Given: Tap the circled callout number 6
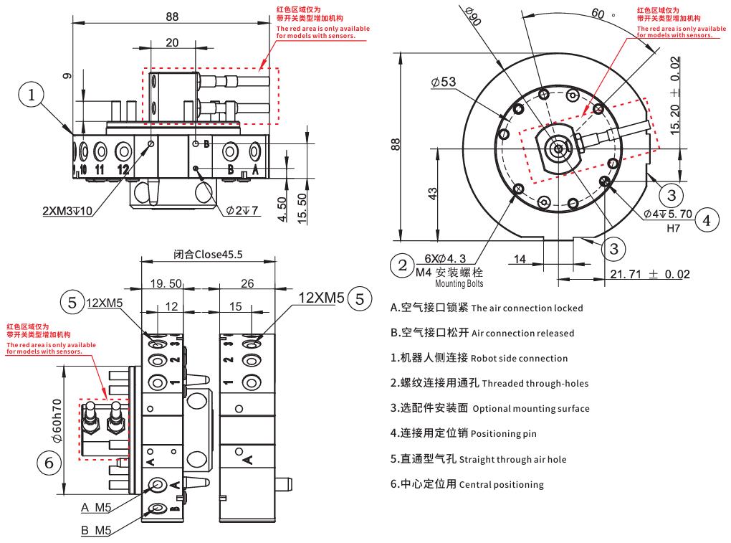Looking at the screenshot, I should (49, 463).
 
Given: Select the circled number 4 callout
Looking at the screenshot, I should (706, 219).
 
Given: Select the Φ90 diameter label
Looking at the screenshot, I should (472, 15).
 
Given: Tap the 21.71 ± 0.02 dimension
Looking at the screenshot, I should (650, 274).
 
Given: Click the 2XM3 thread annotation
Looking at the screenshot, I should (68, 211).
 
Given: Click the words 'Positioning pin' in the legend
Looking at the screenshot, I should (504, 434).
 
